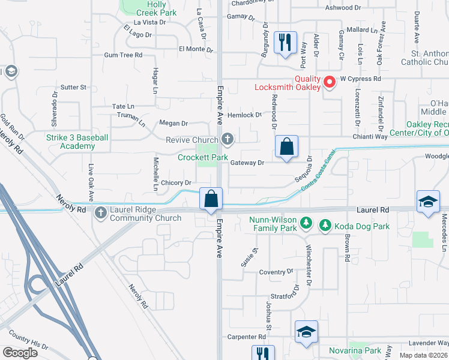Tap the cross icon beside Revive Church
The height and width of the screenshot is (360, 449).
[x=227, y=139]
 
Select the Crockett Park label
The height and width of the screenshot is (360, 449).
[x=202, y=158]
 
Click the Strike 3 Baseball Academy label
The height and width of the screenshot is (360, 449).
[x=77, y=142]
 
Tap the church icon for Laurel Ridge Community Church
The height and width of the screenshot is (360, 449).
[x=100, y=212]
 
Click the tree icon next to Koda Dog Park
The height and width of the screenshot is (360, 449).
[x=325, y=226]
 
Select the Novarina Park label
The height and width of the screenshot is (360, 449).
[x=355, y=350]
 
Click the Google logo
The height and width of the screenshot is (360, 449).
[x=20, y=353]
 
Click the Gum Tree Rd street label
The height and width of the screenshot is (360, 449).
[x=123, y=55]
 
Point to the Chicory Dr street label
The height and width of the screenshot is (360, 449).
[x=175, y=182]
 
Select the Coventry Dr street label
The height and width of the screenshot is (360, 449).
[x=276, y=272]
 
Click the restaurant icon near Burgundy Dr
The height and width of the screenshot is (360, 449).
[x=284, y=43]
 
